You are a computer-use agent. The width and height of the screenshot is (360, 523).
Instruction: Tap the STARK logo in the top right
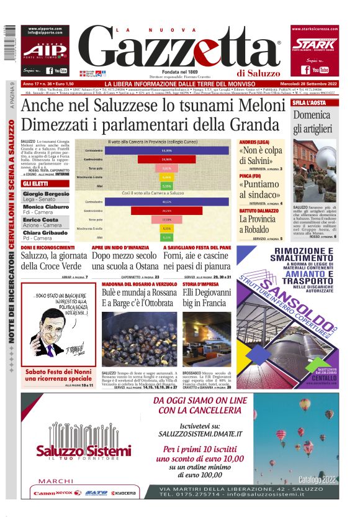[315, 45]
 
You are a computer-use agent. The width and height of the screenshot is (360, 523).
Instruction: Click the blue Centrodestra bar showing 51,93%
[166, 151]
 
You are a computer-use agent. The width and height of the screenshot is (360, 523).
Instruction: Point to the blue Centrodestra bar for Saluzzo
[166, 202]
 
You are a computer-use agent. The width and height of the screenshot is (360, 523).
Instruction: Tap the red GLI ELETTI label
[37, 184]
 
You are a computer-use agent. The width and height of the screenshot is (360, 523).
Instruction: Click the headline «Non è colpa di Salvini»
[259, 156]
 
